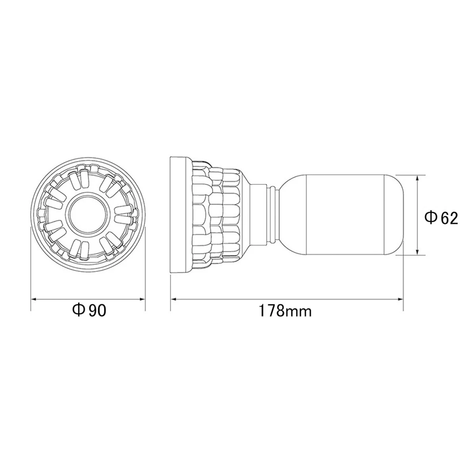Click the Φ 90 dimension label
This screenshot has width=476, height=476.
click(x=89, y=311)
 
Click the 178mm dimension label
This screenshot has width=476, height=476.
click(x=285, y=311)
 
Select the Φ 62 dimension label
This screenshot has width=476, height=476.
click(x=441, y=218)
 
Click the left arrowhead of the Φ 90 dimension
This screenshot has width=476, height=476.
click(x=34, y=299)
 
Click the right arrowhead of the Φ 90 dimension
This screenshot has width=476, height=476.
click(x=142, y=299)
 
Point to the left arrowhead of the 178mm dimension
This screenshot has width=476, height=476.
click(x=174, y=299)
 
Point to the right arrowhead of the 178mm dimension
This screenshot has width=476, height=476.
click(x=400, y=299)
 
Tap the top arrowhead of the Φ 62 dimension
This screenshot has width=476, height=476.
click(x=417, y=178)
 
